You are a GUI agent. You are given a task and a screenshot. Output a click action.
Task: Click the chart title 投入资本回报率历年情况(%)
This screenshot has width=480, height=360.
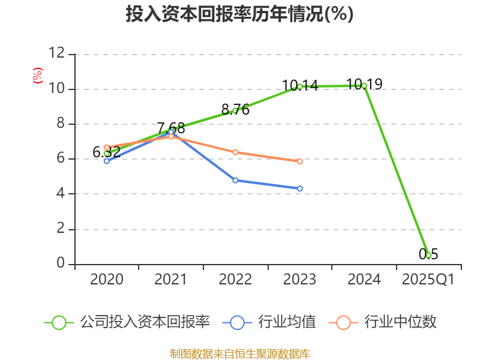point(239,14)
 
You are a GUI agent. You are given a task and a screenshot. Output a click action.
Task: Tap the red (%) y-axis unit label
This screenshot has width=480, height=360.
point(37,76)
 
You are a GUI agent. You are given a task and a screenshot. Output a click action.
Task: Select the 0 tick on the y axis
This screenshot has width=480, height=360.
point(61,263)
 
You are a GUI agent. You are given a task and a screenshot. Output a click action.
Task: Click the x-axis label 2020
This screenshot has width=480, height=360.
point(107,280)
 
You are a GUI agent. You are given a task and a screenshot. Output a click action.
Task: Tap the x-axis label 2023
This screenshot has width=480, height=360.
point(299,280)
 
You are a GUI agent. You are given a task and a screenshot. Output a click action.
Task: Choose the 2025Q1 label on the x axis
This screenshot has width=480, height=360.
point(428,280)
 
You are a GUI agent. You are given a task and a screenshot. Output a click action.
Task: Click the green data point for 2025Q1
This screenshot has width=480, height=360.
point(428,255)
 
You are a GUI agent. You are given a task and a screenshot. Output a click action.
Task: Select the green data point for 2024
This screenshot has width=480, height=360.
point(364,86)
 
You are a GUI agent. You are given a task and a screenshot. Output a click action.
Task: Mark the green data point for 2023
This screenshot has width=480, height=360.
point(300,86)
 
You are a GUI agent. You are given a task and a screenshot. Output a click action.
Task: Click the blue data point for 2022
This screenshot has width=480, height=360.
point(235,180)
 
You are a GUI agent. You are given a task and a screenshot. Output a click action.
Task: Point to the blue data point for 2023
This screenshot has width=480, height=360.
point(300,188)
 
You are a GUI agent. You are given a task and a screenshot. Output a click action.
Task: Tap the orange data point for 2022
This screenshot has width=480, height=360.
point(235,152)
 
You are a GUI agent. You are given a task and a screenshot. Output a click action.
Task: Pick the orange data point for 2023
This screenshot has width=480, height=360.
point(300,161)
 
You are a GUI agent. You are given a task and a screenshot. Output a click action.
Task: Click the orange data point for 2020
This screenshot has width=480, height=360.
point(107,147)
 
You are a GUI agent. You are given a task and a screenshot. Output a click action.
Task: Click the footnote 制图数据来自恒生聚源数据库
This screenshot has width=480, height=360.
point(239,353)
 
